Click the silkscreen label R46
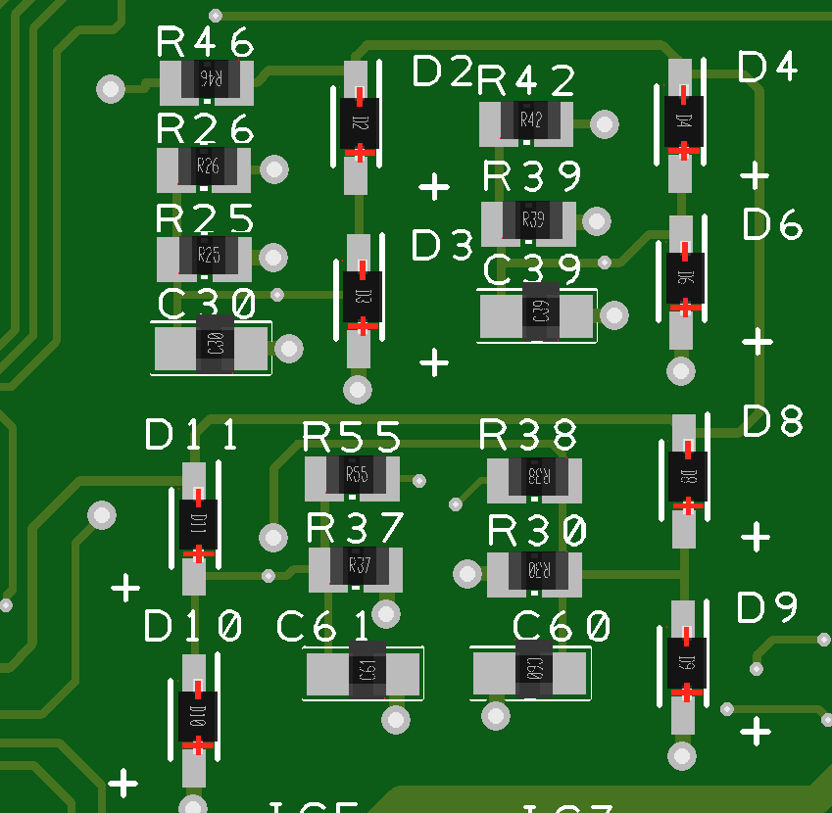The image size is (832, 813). pyautogui.click(x=206, y=43)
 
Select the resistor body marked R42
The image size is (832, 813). pyautogui.click(x=530, y=120)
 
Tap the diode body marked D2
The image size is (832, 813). pyautogui.click(x=360, y=123)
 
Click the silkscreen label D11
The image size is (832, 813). pyautogui.click(x=192, y=435)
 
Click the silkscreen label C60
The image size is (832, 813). pyautogui.click(x=563, y=626)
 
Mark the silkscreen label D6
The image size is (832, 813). pyautogui.click(x=772, y=226)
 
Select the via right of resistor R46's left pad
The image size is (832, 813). pyautogui.click(x=111, y=90)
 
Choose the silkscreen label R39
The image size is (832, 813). pyautogui.click(x=532, y=177)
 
